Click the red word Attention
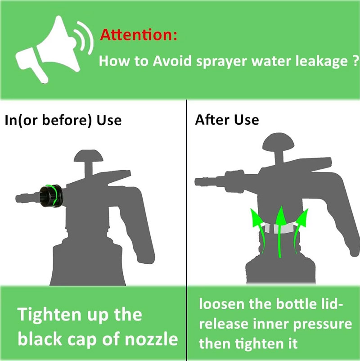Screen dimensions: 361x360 point(138,35)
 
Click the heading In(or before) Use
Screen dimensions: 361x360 point(63,120)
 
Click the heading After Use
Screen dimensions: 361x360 point(227,120)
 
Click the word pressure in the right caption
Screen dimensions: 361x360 point(323,324)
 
